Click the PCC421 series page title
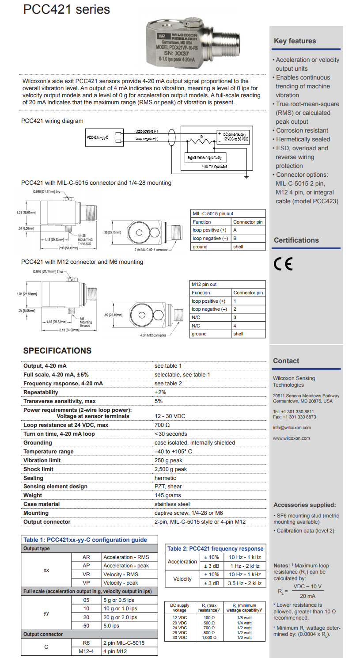(x=67, y=10)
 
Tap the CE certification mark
(x=283, y=264)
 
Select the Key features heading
(x=295, y=41)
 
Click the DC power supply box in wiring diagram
(x=233, y=136)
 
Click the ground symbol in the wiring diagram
(x=246, y=177)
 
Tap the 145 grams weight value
(x=167, y=495)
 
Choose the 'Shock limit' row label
(x=38, y=469)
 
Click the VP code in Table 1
(x=86, y=583)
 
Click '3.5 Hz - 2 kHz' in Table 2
(x=245, y=583)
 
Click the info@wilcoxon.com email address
(x=292, y=428)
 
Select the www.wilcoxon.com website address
(x=292, y=438)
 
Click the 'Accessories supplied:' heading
(x=305, y=505)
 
